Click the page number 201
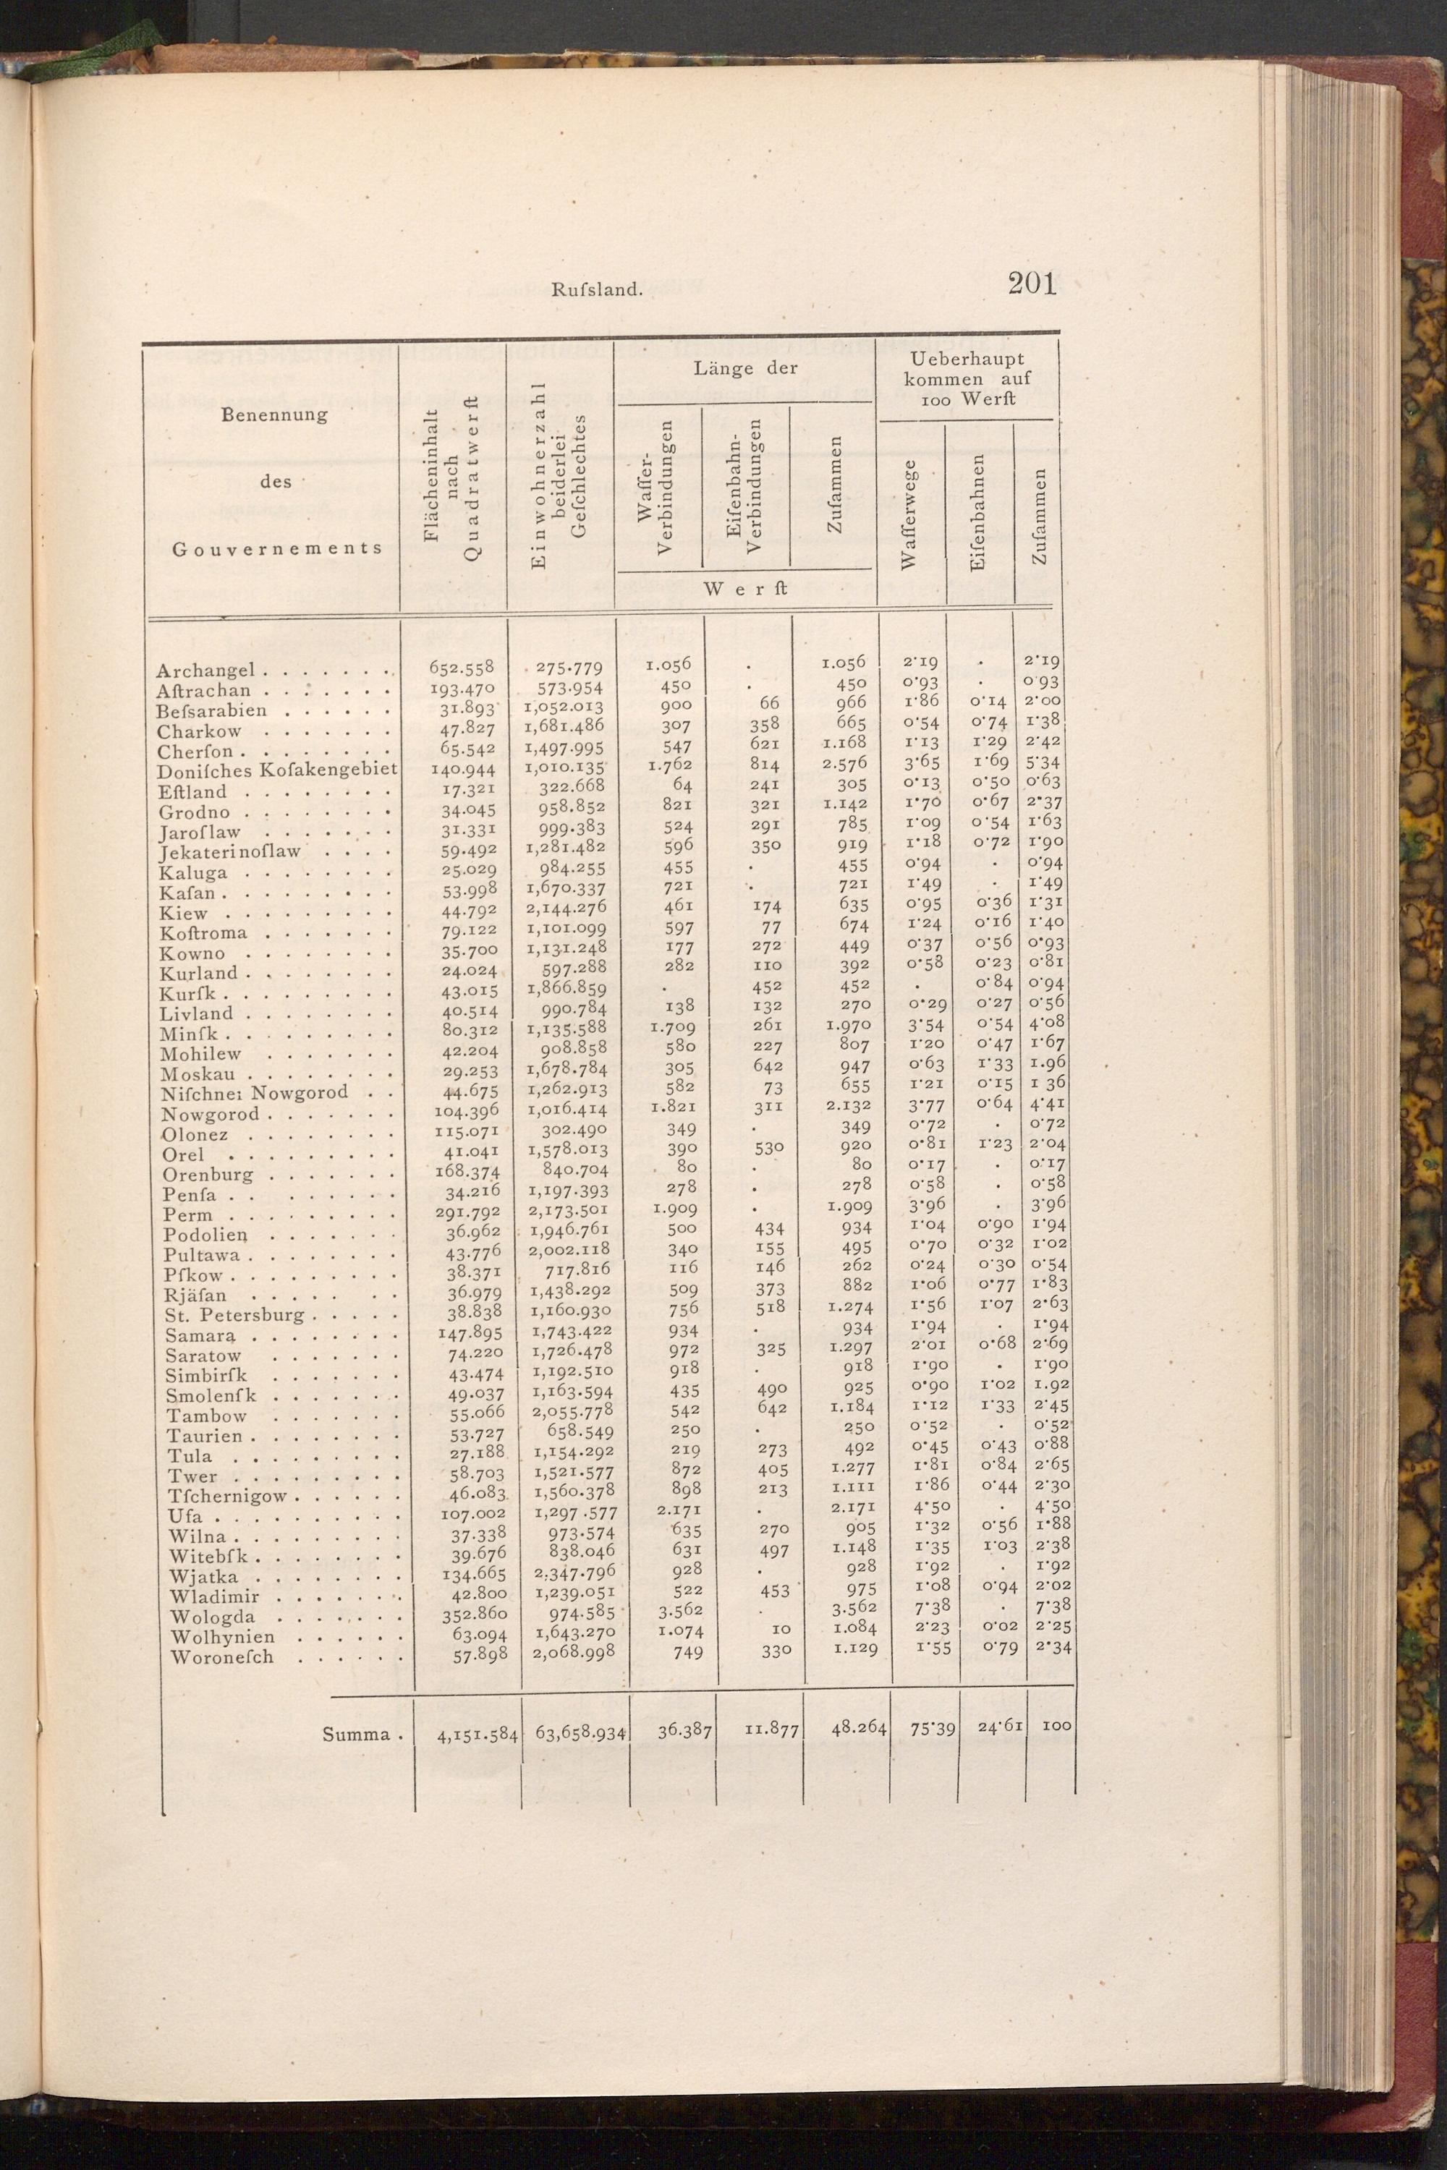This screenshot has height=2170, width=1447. pyautogui.click(x=1032, y=284)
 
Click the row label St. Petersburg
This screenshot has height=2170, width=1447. pyautogui.click(x=234, y=1315)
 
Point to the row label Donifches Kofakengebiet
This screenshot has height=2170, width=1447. pyautogui.click(x=276, y=770)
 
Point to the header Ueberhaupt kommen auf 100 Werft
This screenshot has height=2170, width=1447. pyautogui.click(x=967, y=378)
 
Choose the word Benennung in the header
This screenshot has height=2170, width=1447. pyautogui.click(x=274, y=414)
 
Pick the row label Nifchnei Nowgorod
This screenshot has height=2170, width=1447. pyautogui.click(x=255, y=1093)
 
